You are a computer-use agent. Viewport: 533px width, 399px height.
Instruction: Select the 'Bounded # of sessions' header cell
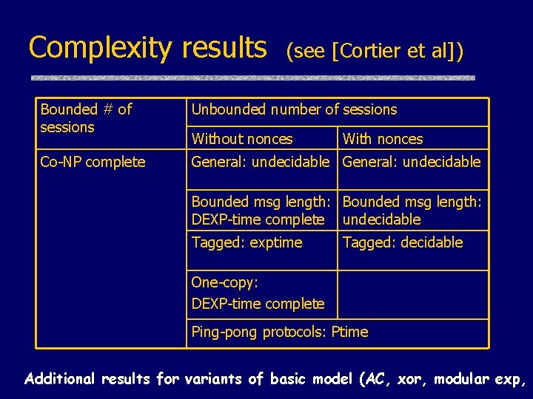[x=86, y=118]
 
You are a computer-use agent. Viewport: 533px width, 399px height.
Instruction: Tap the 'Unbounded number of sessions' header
[x=294, y=110]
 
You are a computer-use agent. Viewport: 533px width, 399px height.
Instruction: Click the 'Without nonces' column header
[x=242, y=139]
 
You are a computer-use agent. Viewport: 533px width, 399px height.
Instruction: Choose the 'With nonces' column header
[x=383, y=139]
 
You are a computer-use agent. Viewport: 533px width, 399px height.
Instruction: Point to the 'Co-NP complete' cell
[x=93, y=162]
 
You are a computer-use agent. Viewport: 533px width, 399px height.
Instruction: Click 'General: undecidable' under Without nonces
[x=260, y=162]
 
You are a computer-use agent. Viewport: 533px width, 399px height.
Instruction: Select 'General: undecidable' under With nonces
[x=412, y=162]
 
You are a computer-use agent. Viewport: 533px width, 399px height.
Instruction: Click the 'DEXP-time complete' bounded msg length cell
[x=258, y=211]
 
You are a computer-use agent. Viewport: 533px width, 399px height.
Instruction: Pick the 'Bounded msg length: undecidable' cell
[x=412, y=211]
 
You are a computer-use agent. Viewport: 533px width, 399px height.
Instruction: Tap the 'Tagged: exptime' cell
[x=247, y=242]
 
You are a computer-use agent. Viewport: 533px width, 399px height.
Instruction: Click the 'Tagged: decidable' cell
[x=402, y=242]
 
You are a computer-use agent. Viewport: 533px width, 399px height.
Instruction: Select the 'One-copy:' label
[x=224, y=282]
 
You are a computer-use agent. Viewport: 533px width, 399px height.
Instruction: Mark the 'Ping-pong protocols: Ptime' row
[x=279, y=332]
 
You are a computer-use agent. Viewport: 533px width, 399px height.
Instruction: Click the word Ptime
[x=349, y=332]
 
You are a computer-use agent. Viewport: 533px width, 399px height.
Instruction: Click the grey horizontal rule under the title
[x=252, y=78]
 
